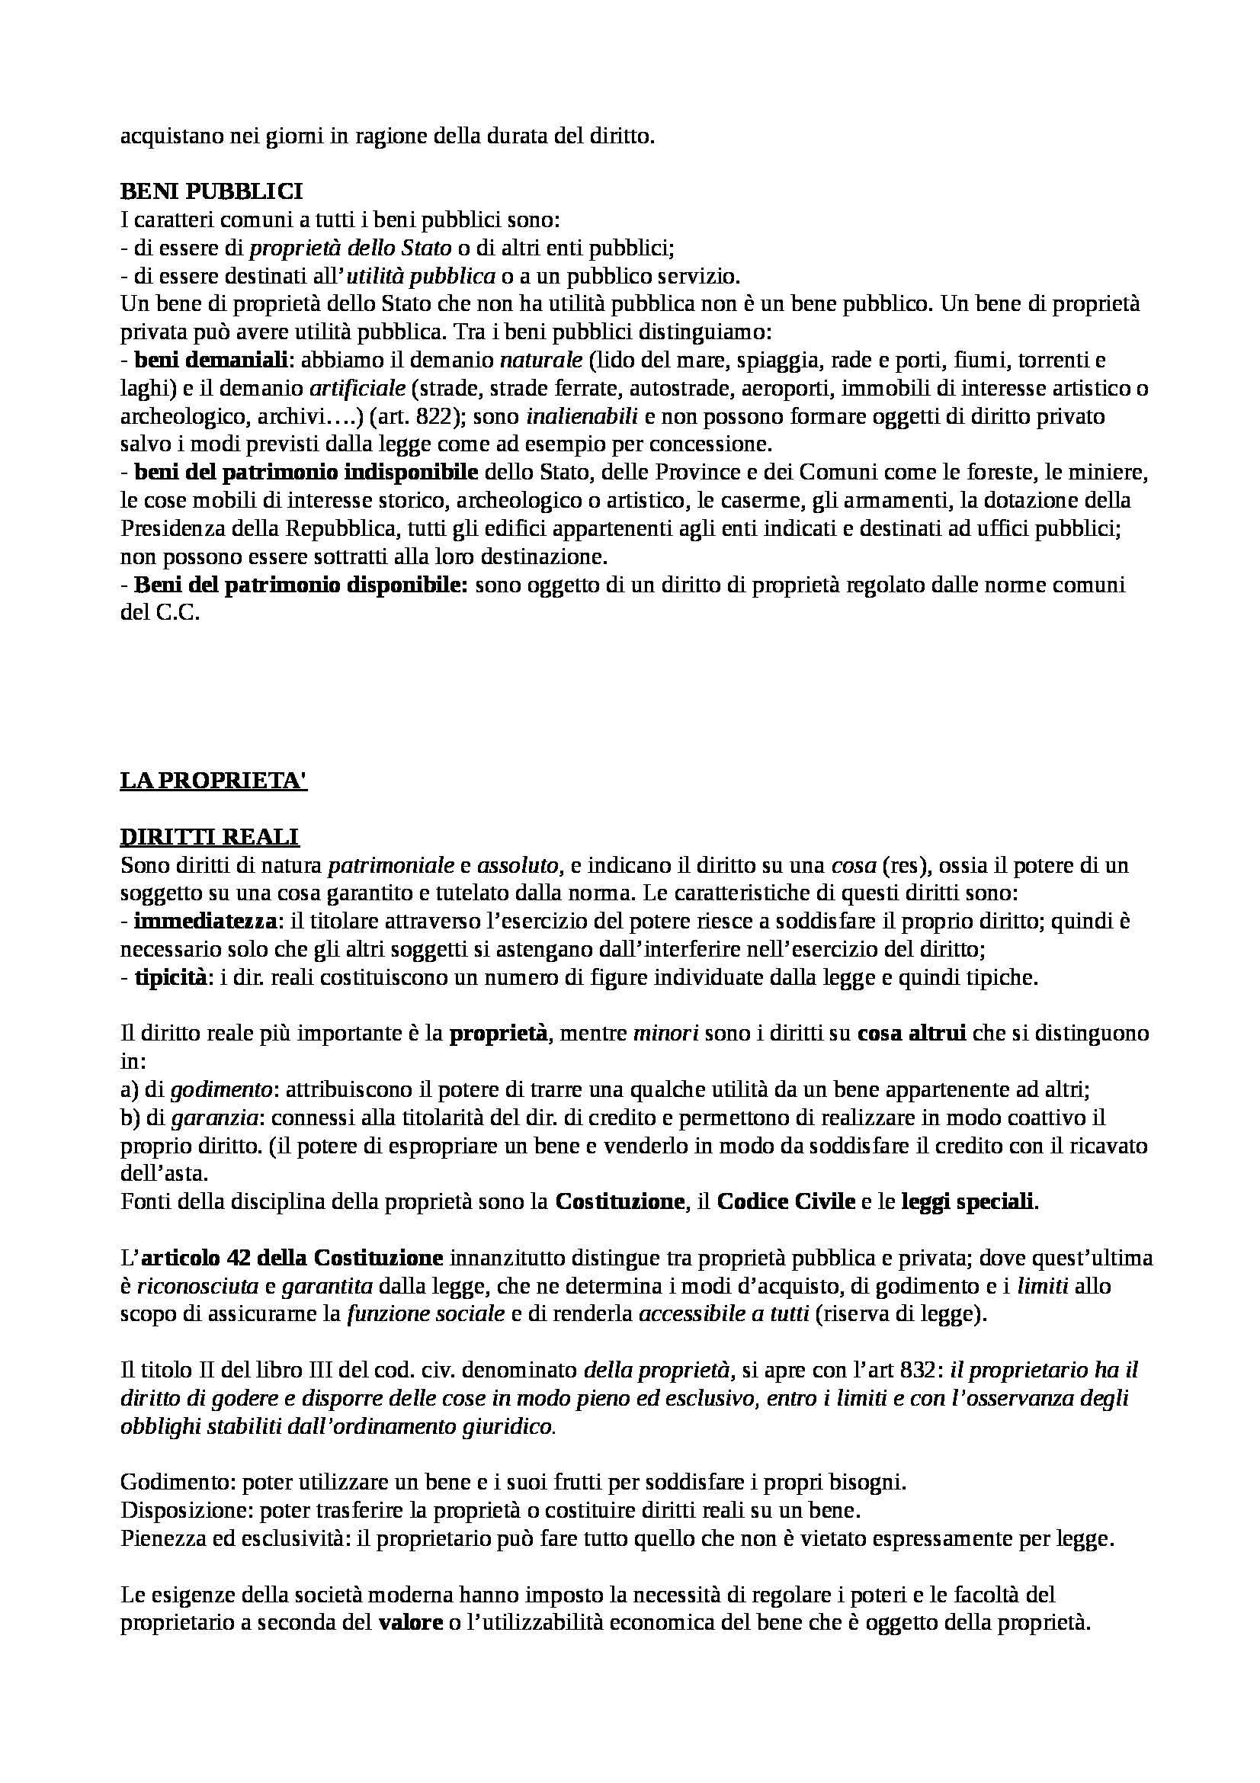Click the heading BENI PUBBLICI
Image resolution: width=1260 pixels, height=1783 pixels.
click(x=211, y=193)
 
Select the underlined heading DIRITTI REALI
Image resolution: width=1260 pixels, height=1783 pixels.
click(x=210, y=836)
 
